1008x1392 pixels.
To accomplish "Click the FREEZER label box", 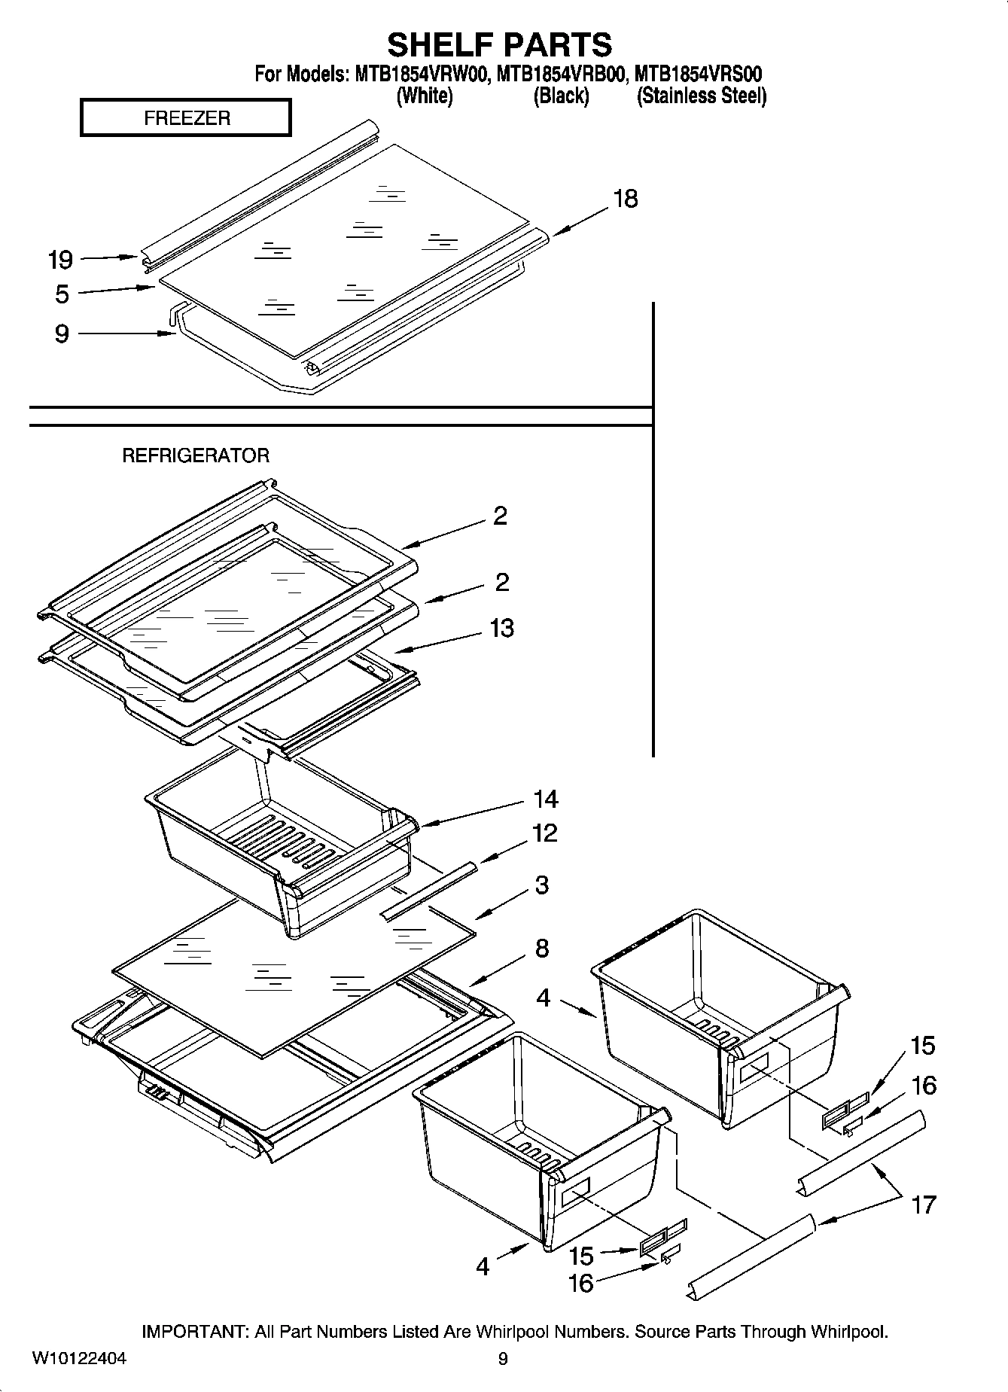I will [185, 118].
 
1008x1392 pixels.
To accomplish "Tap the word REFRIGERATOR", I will [196, 455].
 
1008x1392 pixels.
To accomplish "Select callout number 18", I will [625, 199].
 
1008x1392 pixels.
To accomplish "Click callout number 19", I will [60, 260].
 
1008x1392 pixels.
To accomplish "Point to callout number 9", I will [62, 333].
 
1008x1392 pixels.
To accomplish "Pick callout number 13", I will [501, 628].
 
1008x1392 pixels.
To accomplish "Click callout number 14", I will [546, 798].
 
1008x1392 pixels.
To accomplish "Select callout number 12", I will [544, 833].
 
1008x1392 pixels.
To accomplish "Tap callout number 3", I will [542, 885].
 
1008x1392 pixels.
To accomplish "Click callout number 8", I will [542, 949].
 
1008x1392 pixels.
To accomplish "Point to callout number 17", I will [923, 1205].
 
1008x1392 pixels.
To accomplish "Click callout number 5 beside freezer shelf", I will [62, 294].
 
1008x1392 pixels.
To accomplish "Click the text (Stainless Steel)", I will [702, 96].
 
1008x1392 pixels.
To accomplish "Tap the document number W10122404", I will [79, 1358].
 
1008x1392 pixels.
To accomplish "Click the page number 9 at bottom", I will [503, 1359].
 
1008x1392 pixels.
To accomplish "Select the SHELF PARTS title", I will [499, 44].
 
